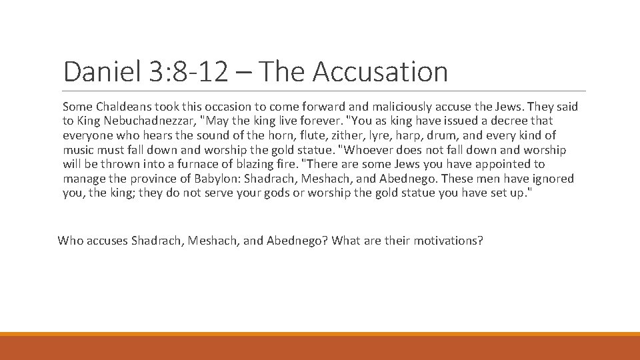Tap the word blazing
click(x=261, y=164)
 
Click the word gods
click(x=271, y=193)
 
